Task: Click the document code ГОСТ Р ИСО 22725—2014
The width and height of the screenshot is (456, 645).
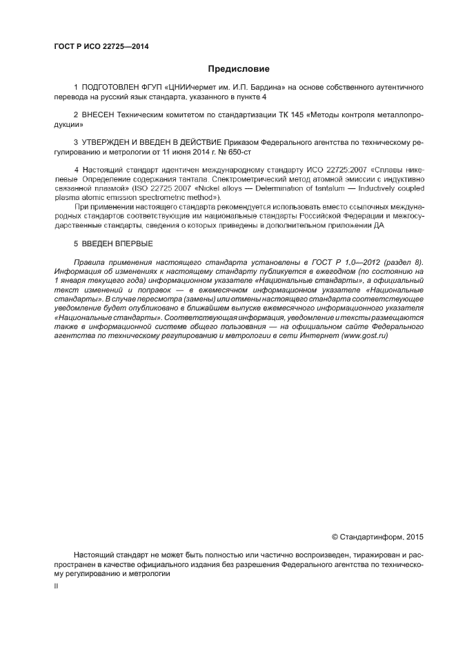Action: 101,47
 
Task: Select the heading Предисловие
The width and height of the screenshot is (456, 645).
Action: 239,69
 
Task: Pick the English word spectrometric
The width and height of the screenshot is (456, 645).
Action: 166,197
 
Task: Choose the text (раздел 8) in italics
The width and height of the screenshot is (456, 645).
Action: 402,262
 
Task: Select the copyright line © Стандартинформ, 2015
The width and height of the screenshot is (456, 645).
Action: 377,536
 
